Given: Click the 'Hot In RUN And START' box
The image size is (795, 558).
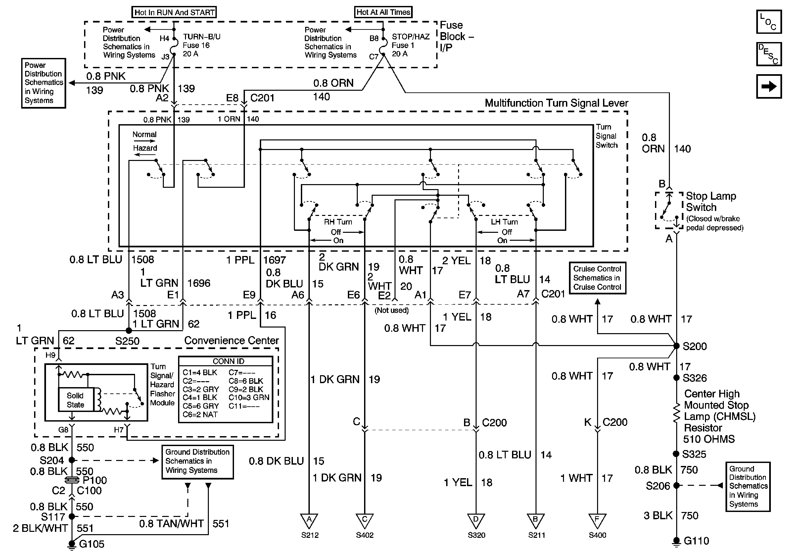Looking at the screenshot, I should point(174,13).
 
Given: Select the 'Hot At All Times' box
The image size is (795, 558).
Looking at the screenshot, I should point(383,12).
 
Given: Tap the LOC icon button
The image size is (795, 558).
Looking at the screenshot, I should point(769,22).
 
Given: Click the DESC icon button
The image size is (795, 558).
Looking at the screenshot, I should point(769,54).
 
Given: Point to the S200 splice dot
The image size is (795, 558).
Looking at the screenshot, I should point(676,346).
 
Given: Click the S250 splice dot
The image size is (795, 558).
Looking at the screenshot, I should point(129,330).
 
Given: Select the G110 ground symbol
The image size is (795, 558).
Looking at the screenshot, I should point(676,541).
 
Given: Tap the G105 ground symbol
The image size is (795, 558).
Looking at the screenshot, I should point(72,544).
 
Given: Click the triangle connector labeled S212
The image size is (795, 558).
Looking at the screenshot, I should point(309,521).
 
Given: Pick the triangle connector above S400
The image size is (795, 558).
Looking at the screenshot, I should point(597,521).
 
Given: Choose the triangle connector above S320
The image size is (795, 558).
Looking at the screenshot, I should point(476,521).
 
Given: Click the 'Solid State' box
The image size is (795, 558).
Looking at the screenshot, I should point(75,400).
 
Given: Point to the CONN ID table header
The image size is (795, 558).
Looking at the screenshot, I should point(228,361).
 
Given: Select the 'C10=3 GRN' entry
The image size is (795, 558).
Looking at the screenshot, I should point(249,397).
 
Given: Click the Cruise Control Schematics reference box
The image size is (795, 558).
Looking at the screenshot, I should point(597,278).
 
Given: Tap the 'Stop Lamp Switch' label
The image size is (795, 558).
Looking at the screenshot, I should point(711,202).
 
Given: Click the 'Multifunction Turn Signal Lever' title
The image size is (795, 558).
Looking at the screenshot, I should point(556,103).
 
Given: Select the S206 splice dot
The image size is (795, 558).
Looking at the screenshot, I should point(676,485).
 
